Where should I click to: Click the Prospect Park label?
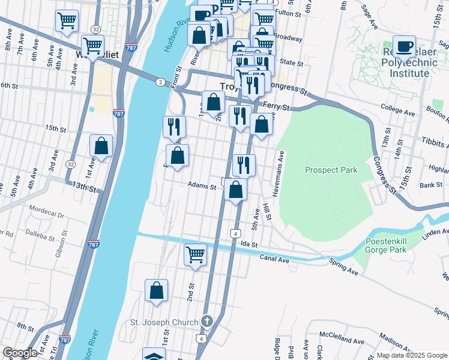tap(331, 170)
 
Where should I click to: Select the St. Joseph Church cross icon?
tap(207, 322)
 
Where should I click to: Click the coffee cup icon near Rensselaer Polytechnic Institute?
tap(405, 47)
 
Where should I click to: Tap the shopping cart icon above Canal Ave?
tap(195, 254)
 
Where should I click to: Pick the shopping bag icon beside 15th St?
tap(101, 146)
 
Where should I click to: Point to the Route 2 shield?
tap(160, 82)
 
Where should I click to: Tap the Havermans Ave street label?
tap(281, 164)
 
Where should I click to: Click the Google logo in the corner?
tap(20, 353)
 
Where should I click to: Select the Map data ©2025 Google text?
tap(412, 355)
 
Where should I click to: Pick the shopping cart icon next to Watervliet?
tap(92, 45)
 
